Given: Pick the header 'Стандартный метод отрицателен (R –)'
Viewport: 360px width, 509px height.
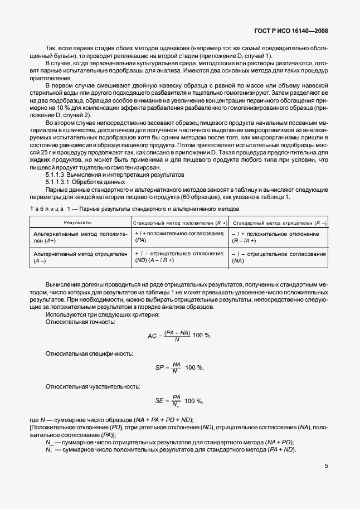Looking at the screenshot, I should (x=279, y=222).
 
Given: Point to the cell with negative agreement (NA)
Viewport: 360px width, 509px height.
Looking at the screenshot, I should (x=279, y=256).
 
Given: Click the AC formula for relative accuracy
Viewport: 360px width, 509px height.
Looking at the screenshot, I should (x=179, y=336).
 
